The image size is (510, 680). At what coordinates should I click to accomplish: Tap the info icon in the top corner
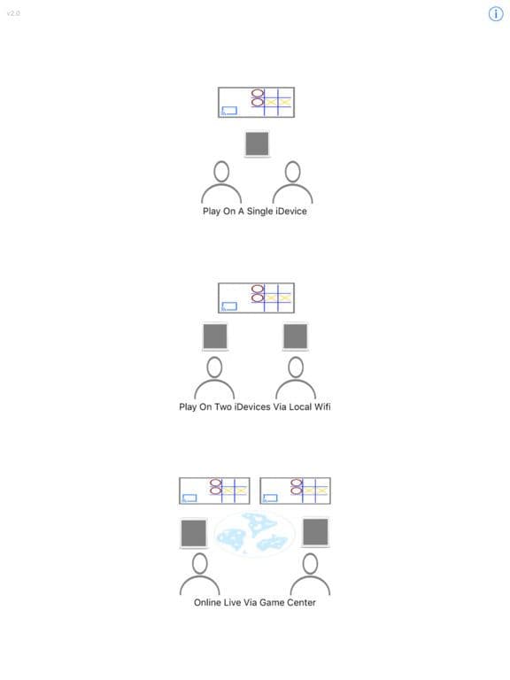pos(496,14)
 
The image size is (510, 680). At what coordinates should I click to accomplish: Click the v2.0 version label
pos(13,13)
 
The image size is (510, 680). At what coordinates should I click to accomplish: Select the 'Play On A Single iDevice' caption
pos(255,212)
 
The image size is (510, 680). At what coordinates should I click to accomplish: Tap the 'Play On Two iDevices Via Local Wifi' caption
pos(255,406)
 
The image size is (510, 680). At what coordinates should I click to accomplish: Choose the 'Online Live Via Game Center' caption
pos(255,602)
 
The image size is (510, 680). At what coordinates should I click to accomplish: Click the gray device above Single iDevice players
pos(257,144)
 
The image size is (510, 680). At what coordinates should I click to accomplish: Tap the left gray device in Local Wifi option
pos(215,336)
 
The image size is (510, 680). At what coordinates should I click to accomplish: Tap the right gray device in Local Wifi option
pos(296,336)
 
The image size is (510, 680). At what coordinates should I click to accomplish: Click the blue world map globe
pos(255,534)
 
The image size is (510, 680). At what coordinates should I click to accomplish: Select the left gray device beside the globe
pos(193,533)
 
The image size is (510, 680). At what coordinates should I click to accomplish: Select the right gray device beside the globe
pos(315,531)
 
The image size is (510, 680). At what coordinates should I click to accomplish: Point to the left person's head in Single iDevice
pos(221,172)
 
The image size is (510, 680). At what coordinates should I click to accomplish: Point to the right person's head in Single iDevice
pos(293,172)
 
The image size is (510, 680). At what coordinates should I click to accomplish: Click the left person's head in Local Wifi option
pos(214,367)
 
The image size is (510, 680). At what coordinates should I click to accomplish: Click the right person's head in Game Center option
pos(310,564)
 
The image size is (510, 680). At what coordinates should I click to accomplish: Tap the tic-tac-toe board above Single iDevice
pos(256,103)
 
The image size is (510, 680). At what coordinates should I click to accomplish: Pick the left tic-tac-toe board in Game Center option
pos(214,491)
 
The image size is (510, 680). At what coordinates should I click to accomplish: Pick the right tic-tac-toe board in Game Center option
pos(296,491)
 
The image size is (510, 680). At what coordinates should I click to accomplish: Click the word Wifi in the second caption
pos(321,406)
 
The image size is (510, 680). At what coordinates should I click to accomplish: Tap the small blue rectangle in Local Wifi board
pos(229,306)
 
